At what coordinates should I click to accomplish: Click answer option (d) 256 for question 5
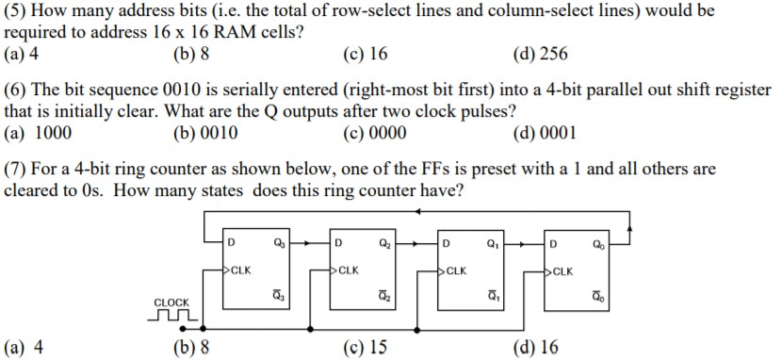point(539,54)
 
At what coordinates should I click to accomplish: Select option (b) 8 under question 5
point(191,54)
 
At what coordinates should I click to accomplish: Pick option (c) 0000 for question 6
point(376,133)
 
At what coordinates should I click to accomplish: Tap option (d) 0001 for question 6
point(544,133)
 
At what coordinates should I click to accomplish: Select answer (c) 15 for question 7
point(366,347)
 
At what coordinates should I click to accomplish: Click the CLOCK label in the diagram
point(171,302)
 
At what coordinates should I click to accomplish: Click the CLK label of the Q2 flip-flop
point(349,270)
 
